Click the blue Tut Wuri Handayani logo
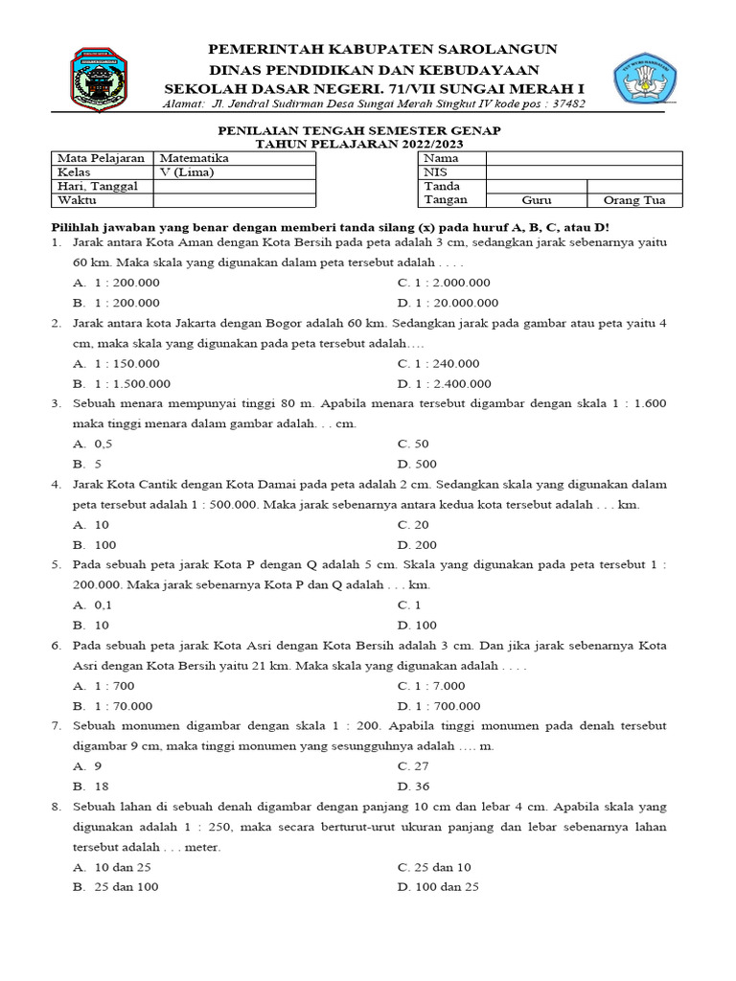tap(645, 79)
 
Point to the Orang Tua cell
tap(633, 200)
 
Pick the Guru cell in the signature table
tap(536, 200)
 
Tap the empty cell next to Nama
tap(584, 158)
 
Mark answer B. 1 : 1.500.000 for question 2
tap(121, 383)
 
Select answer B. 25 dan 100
tap(116, 886)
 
